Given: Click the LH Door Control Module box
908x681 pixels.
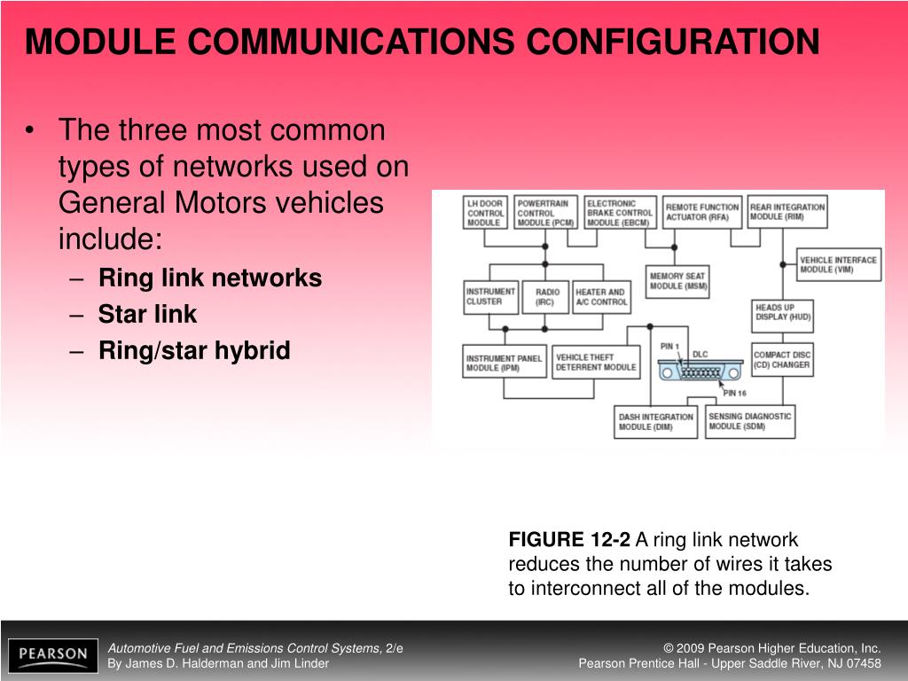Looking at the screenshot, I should [485, 213].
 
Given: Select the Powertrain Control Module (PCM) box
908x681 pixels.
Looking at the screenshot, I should [544, 213].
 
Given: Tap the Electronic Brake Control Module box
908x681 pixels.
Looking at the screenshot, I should [619, 213].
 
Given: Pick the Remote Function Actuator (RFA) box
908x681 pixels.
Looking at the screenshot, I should [701, 212].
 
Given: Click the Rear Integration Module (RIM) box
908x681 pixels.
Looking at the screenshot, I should [787, 212].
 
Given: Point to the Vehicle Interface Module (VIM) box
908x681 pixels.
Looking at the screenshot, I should [839, 264].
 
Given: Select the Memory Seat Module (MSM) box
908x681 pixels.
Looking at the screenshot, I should [678, 280].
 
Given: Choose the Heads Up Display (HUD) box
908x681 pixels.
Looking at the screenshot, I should [783, 312].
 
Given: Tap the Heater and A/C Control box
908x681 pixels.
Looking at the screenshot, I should [600, 297].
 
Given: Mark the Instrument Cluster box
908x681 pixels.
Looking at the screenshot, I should [490, 297].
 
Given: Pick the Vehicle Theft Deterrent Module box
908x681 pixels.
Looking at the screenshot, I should [596, 362].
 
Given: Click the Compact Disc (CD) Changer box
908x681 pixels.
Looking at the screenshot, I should [782, 359].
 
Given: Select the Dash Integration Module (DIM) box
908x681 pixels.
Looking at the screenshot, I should [656, 422].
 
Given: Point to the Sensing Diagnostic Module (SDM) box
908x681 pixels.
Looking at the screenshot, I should [750, 422].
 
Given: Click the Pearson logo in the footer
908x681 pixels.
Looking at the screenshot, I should [53, 655].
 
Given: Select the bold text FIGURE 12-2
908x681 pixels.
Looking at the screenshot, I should [568, 540].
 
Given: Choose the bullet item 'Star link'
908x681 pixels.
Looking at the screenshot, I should [147, 315].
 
